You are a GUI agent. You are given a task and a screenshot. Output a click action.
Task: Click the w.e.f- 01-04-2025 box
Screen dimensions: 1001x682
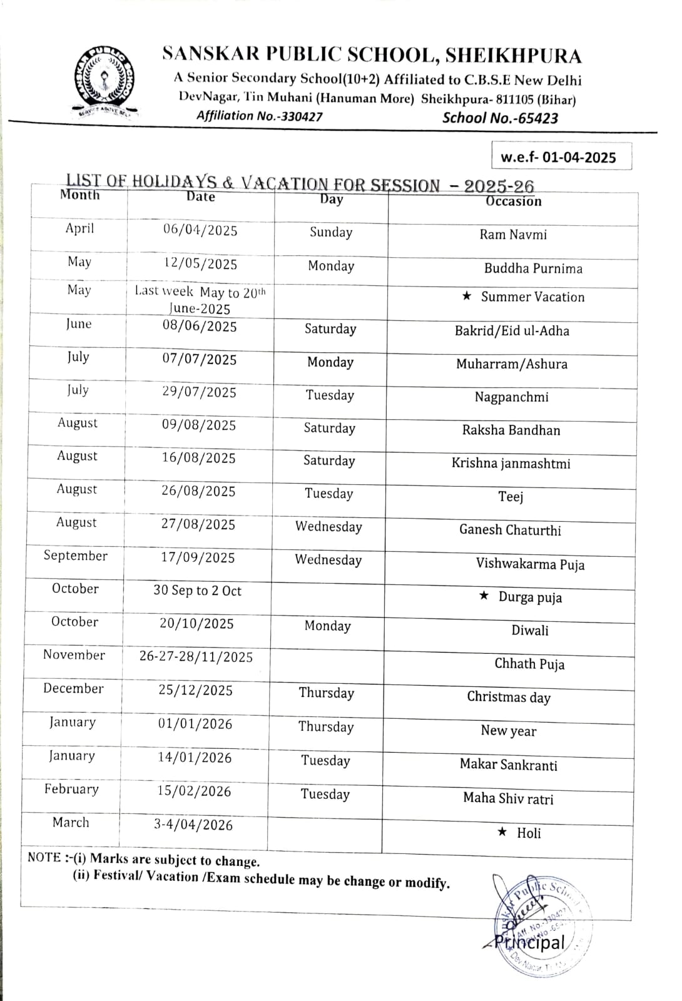tap(558, 157)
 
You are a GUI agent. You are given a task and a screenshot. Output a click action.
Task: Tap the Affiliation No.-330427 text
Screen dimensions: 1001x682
tap(259, 116)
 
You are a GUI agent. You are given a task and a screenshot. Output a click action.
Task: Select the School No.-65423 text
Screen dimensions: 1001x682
tap(500, 118)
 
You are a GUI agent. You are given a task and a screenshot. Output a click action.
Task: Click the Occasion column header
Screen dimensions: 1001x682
tap(513, 201)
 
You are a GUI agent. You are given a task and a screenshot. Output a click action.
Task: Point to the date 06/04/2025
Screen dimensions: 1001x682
tap(200, 230)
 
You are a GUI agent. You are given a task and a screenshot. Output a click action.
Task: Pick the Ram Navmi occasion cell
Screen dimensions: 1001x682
tap(513, 235)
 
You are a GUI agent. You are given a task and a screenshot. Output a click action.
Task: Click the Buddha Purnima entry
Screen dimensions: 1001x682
tap(533, 268)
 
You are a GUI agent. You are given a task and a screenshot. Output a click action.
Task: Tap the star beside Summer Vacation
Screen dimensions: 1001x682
tap(467, 296)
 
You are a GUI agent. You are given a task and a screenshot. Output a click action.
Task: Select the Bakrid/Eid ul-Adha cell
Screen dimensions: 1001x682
tap(512, 331)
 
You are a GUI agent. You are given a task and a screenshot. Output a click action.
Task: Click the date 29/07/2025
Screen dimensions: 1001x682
tap(199, 392)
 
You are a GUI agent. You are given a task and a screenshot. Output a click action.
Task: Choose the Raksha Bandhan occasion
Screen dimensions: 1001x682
tap(511, 430)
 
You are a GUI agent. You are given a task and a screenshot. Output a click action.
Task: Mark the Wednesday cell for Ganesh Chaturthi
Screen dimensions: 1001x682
tap(328, 527)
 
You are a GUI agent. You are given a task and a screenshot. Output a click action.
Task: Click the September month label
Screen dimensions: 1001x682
tap(75, 556)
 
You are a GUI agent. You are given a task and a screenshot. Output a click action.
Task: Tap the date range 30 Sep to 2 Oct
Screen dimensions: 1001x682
tap(197, 591)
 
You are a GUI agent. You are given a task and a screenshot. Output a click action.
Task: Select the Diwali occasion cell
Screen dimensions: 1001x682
tap(529, 630)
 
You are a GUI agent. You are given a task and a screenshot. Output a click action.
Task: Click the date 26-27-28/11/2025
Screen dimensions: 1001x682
tap(196, 657)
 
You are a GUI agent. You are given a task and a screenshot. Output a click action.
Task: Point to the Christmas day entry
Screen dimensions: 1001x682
tap(509, 697)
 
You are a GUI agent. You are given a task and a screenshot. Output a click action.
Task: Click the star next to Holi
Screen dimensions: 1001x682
tap(502, 832)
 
